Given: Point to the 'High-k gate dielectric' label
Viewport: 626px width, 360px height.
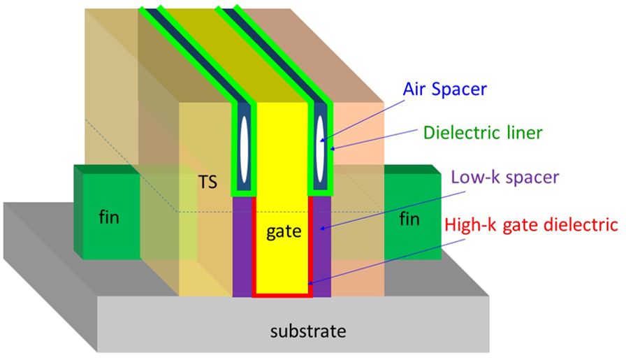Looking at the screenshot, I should (532, 225).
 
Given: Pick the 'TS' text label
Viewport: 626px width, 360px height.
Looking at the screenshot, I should (207, 184).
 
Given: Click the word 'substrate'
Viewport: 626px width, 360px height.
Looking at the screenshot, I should (308, 331).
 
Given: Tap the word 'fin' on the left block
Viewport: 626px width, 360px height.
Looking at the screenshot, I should (109, 217).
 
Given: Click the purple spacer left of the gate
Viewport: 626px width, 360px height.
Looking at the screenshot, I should (242, 245).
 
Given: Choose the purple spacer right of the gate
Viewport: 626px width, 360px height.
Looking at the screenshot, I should (322, 245).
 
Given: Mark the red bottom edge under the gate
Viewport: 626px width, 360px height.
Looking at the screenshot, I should (282, 295).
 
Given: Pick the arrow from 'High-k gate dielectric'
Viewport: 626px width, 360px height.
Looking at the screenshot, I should (377, 258).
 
